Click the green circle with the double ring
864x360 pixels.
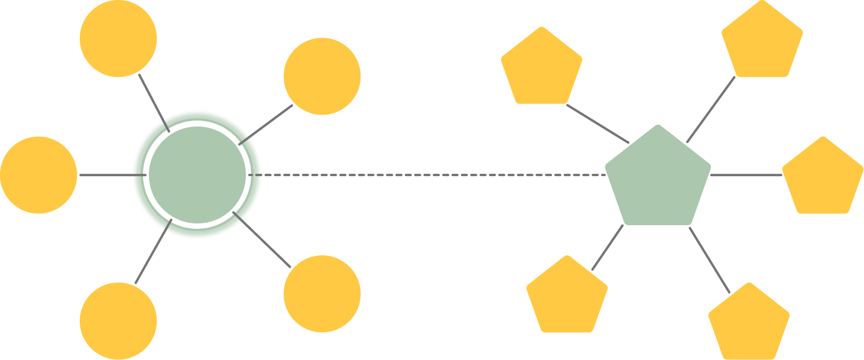point(197,175)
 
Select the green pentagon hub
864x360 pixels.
point(658,179)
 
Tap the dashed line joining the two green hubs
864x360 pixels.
point(431,176)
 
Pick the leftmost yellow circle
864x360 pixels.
point(38,175)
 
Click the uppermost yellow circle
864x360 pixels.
point(118,38)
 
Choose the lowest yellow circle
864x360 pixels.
point(118,321)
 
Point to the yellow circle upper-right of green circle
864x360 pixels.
point(322,76)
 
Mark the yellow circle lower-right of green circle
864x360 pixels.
point(322,294)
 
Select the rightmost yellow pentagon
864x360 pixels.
point(823,177)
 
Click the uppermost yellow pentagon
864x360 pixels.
point(762,40)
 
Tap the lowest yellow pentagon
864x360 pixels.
point(749,323)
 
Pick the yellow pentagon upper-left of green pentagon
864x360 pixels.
point(541,67)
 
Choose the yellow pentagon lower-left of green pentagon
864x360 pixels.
point(567,296)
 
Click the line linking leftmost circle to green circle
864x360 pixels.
point(109,176)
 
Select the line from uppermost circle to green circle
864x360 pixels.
point(153,102)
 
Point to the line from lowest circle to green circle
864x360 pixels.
point(152,251)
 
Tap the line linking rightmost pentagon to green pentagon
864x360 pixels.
point(746,176)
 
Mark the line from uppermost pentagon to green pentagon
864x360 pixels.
point(710,110)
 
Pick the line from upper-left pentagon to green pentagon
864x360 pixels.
point(597,124)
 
